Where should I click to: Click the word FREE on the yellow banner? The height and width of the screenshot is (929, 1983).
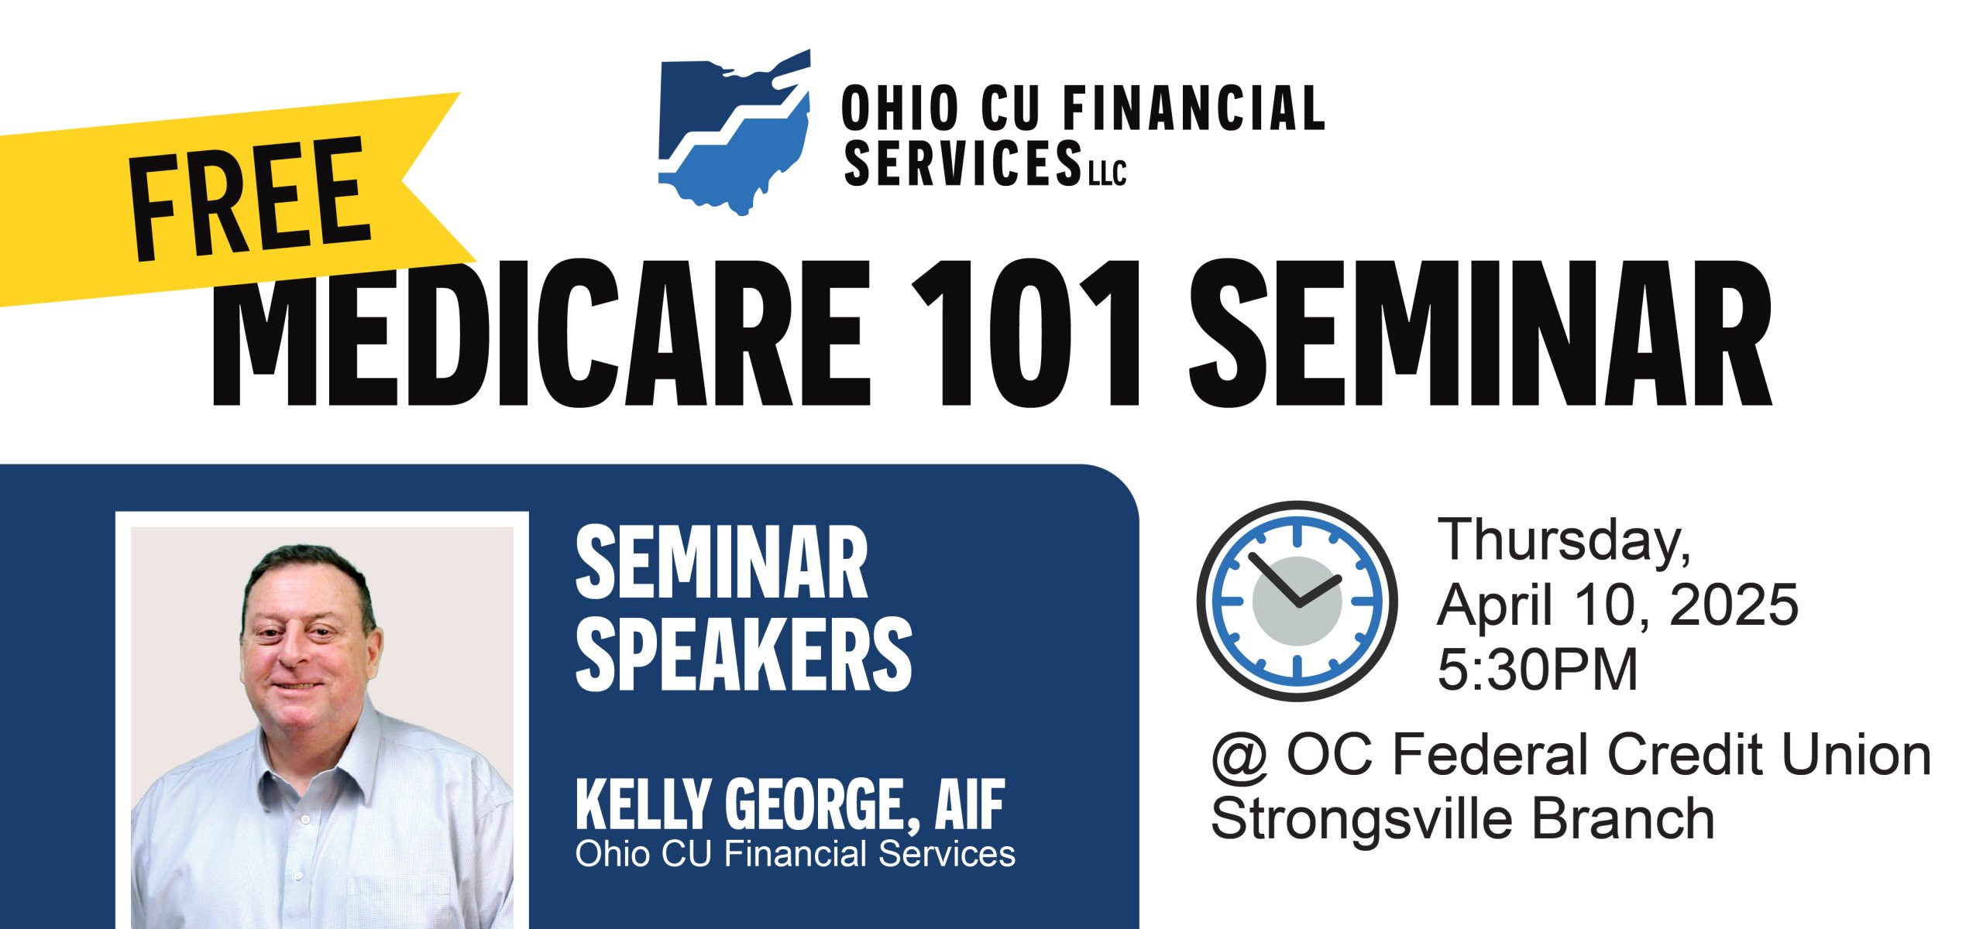tap(250, 200)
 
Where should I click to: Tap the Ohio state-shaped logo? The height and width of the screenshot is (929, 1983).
tap(734, 132)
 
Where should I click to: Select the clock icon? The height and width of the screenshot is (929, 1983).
tap(1297, 601)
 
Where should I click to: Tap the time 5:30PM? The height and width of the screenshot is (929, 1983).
tap(1538, 669)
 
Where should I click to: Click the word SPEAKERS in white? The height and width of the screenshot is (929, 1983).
tap(744, 653)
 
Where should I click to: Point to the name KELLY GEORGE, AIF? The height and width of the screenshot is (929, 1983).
tap(790, 805)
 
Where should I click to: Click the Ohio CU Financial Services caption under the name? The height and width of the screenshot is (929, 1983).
tap(796, 854)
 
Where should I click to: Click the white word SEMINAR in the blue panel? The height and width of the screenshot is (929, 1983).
tap(722, 563)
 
